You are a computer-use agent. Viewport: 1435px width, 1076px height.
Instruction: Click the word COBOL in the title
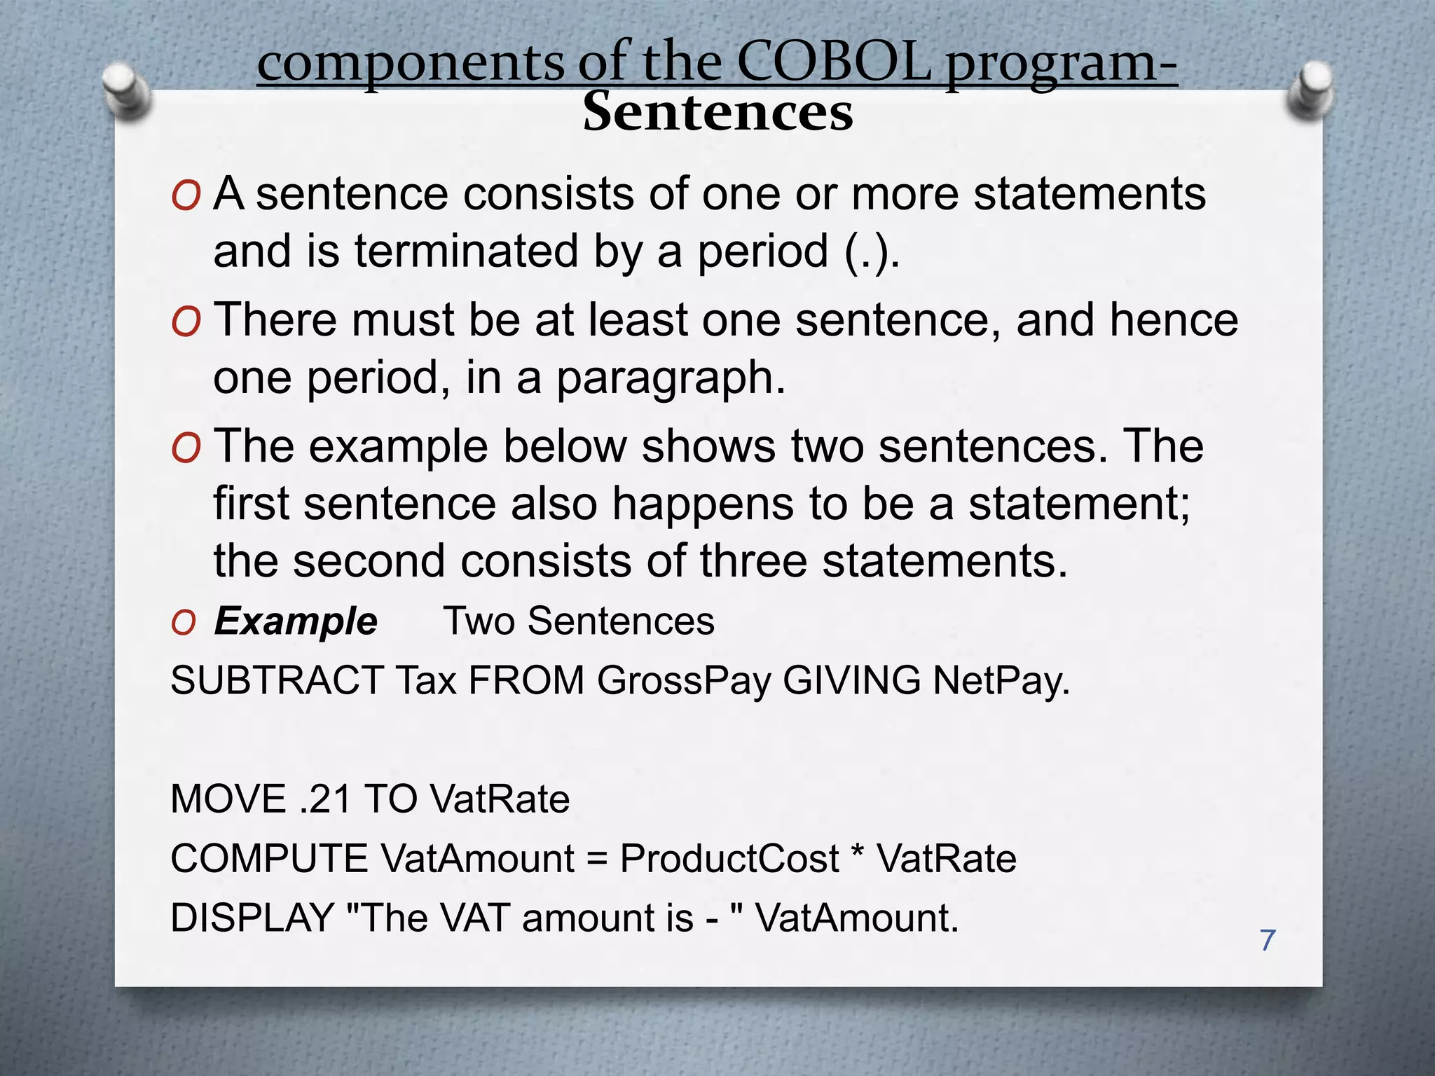tap(834, 63)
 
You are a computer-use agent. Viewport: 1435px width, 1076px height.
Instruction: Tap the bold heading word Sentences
tap(717, 112)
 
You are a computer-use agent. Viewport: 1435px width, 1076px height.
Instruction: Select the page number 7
tap(1267, 940)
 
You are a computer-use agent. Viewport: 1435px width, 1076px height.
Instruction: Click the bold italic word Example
tap(295, 621)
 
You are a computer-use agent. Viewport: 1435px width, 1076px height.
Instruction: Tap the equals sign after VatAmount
tap(597, 860)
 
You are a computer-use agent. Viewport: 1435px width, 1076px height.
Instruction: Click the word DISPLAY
tap(252, 918)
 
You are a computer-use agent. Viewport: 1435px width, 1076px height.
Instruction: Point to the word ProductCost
tap(729, 858)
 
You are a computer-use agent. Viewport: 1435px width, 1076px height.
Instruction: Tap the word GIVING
tap(851, 680)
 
